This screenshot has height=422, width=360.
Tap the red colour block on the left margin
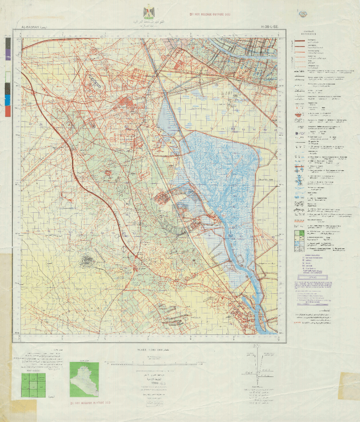[8, 111]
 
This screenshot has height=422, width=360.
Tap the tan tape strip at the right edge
[349, 386]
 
